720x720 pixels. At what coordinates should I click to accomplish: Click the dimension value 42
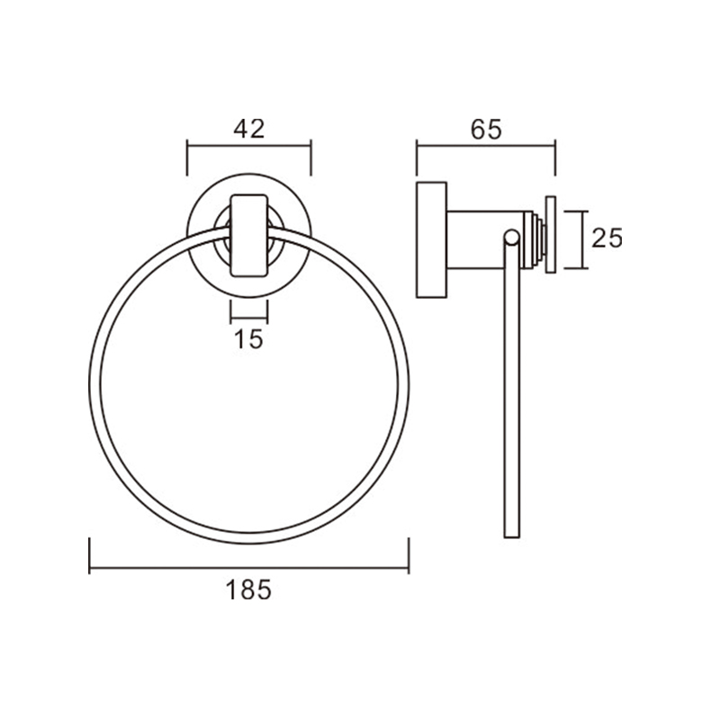tap(249, 129)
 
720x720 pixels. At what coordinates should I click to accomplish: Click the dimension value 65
tap(486, 129)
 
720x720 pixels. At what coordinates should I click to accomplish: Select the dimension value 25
tap(607, 238)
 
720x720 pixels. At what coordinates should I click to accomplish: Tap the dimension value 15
tap(248, 339)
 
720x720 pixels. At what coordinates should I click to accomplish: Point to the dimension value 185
tap(248, 589)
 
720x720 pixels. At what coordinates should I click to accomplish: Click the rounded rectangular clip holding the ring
tap(249, 236)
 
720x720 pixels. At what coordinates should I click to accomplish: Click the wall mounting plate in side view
tap(432, 239)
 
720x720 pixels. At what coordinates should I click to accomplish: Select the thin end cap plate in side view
tap(551, 235)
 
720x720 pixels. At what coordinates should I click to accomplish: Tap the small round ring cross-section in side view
tap(511, 237)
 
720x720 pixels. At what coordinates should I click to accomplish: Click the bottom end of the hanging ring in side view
tap(512, 537)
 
